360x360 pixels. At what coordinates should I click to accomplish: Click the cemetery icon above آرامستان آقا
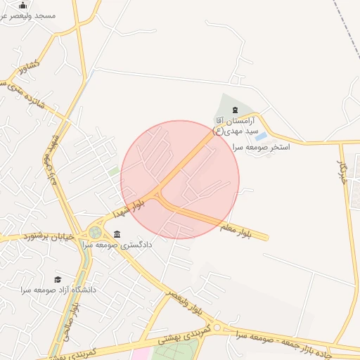[x=234, y=110]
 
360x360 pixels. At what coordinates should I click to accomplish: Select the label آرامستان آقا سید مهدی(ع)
[x=236, y=126]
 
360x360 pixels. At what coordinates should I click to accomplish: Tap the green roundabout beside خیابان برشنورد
[x=95, y=233]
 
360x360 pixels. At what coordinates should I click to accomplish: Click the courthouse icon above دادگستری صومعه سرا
[x=117, y=234]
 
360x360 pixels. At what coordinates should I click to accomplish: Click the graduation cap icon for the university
[x=58, y=279]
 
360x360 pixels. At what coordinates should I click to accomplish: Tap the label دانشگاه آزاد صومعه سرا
[x=58, y=289]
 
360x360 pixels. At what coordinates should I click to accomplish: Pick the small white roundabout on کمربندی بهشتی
[x=217, y=328]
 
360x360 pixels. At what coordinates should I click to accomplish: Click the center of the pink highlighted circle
[x=180, y=179]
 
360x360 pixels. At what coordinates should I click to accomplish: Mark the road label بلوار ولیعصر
[x=187, y=303]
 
